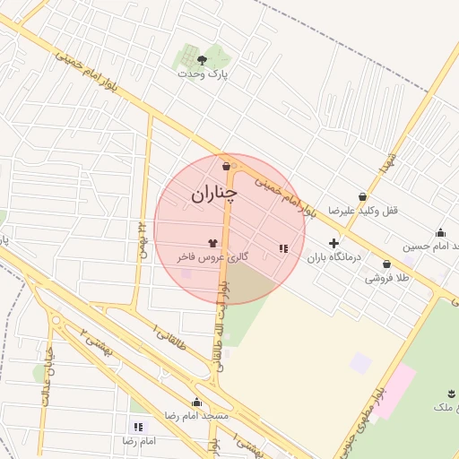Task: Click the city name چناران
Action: click(x=212, y=193)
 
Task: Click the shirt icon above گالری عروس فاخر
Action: click(x=212, y=242)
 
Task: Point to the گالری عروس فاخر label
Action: click(x=212, y=256)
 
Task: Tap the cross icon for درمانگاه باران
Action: click(x=334, y=243)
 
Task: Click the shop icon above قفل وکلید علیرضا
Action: click(x=362, y=196)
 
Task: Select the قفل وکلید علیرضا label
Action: click(x=362, y=210)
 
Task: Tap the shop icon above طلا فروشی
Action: click(x=386, y=264)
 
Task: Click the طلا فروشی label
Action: click(x=386, y=278)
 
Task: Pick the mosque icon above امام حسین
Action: click(x=440, y=231)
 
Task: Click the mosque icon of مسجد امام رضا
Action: click(x=196, y=403)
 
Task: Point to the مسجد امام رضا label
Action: click(x=196, y=416)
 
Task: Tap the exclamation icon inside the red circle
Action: click(x=283, y=248)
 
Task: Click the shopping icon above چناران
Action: click(x=225, y=166)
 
